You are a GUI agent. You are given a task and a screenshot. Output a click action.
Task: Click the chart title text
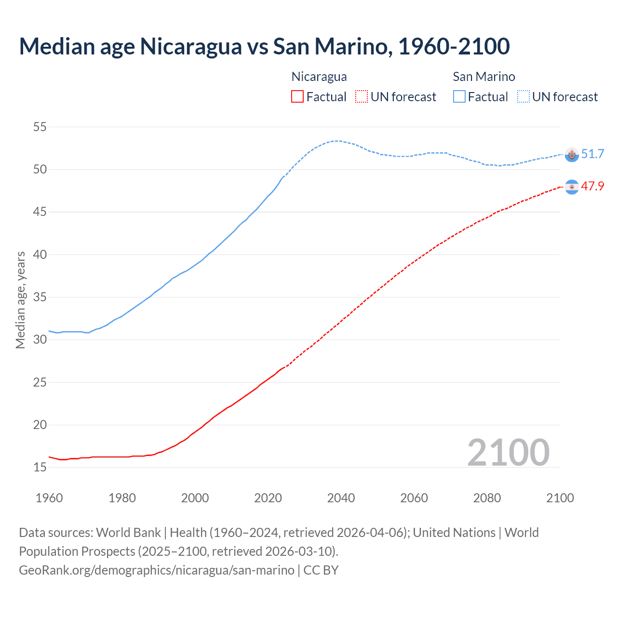pyautogui.click(x=264, y=46)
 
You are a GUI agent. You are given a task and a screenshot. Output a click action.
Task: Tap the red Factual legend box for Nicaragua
pyautogui.click(x=297, y=97)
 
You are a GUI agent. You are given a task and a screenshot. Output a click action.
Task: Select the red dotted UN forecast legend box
pyautogui.click(x=362, y=97)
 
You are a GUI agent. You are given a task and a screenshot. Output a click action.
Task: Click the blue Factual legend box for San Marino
pyautogui.click(x=459, y=97)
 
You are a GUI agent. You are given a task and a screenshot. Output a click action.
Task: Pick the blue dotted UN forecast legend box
pyautogui.click(x=523, y=97)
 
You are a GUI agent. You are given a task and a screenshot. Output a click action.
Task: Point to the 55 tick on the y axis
pyautogui.click(x=40, y=127)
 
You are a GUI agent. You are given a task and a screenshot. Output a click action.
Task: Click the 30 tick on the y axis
pyautogui.click(x=40, y=340)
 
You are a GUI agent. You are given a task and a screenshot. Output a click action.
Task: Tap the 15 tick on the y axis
pyautogui.click(x=40, y=467)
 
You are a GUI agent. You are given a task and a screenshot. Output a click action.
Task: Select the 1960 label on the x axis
pyautogui.click(x=49, y=498)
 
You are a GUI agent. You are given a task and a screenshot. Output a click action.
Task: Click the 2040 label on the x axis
pyautogui.click(x=341, y=498)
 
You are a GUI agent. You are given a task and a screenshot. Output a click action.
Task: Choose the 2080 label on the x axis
pyautogui.click(x=487, y=498)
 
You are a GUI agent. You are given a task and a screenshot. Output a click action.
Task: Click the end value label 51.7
pyautogui.click(x=592, y=154)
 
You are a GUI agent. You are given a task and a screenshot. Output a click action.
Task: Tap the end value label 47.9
pyautogui.click(x=592, y=187)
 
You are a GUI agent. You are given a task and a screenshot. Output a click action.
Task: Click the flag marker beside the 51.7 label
pyautogui.click(x=572, y=155)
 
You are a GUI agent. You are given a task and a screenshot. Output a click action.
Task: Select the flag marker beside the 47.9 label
pyautogui.click(x=572, y=187)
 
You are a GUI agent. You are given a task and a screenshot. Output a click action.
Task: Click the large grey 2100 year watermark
pyautogui.click(x=509, y=452)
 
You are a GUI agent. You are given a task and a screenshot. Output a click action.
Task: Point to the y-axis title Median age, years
pyautogui.click(x=20, y=300)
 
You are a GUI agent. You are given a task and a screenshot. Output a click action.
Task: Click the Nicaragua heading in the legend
pyautogui.click(x=319, y=77)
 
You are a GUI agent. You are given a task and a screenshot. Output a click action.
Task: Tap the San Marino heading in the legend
pyautogui.click(x=484, y=77)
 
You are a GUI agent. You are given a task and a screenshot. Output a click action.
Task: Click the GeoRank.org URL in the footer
pyautogui.click(x=157, y=570)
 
